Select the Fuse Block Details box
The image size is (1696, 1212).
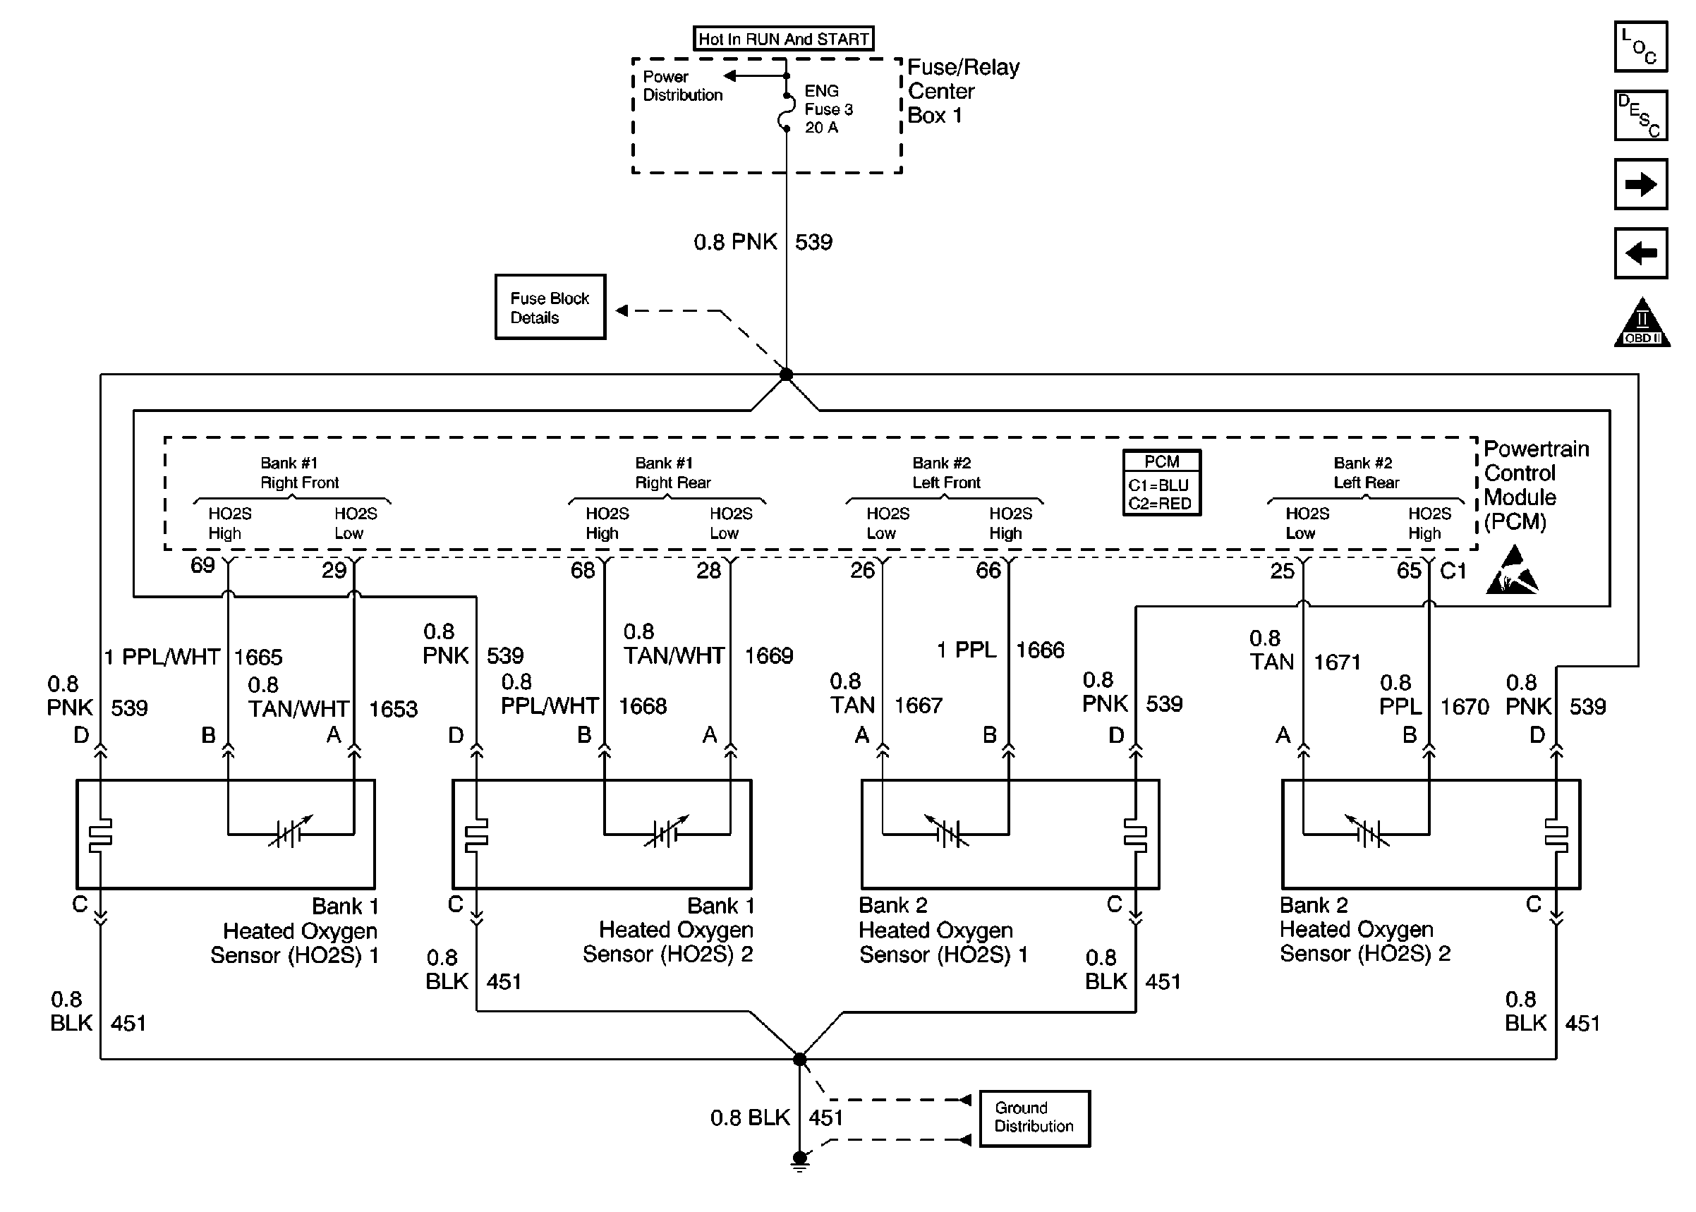pos(550,307)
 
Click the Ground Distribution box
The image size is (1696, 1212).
pos(1034,1118)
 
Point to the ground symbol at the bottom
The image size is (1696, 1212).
pos(799,1161)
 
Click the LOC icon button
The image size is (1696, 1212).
pos(1640,47)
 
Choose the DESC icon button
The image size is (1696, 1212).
pos(1640,116)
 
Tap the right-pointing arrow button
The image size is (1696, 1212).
pos(1640,184)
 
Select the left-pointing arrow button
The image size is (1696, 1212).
pos(1640,253)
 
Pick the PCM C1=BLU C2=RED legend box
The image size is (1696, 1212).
pos(1162,483)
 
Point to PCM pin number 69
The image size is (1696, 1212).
pos(202,565)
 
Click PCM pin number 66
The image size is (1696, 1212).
pos(988,571)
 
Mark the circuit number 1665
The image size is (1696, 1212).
pos(258,657)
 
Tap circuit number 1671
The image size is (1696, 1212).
pos(1337,662)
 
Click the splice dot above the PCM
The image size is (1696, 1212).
pos(786,375)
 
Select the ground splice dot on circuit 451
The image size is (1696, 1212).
pos(799,1059)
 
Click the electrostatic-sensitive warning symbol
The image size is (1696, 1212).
pos(1512,571)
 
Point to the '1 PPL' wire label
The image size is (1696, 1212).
pos(967,650)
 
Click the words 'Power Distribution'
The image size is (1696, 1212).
pos(682,86)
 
